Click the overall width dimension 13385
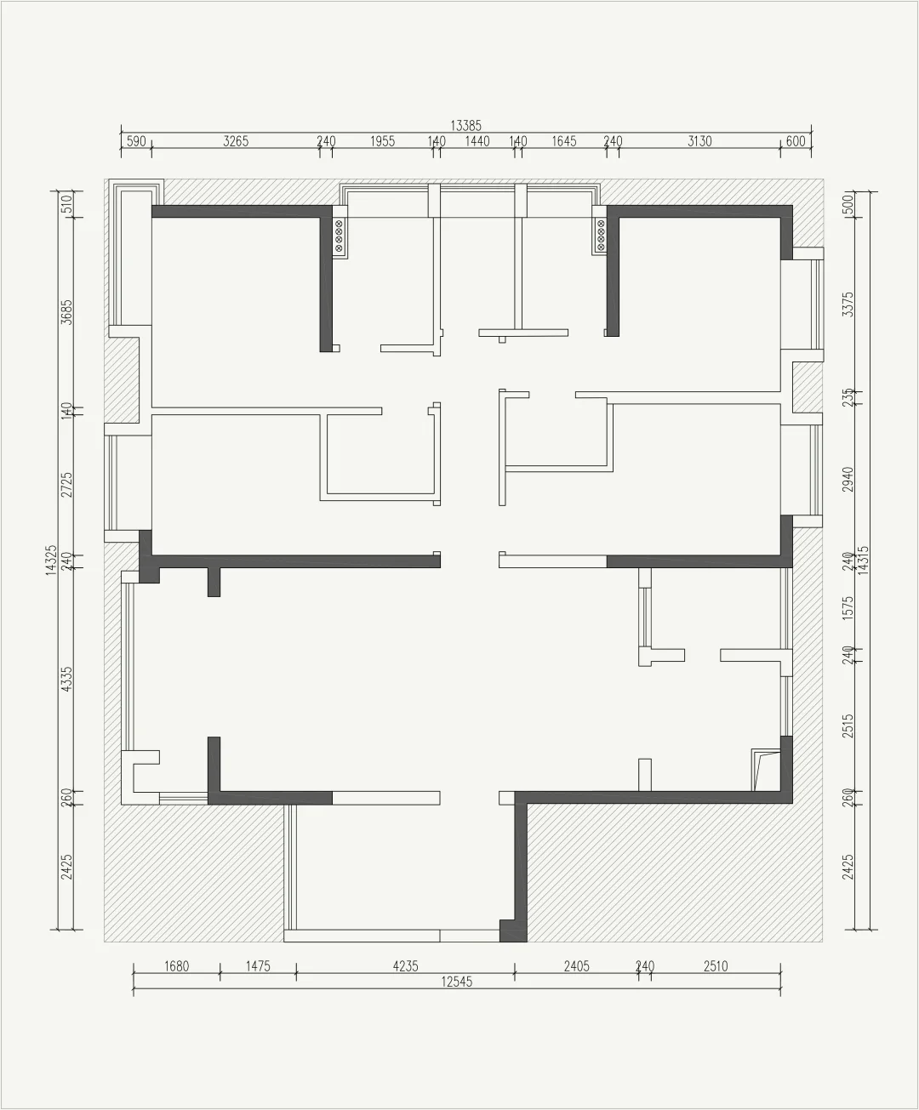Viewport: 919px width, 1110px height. coord(466,126)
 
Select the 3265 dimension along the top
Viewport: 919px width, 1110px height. coord(236,141)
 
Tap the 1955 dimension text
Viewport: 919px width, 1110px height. coord(382,141)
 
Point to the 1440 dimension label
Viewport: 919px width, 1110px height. coord(477,141)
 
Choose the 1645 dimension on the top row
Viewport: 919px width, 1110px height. coord(563,141)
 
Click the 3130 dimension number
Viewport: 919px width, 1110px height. coord(699,141)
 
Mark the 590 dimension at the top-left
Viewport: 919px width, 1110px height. coord(136,141)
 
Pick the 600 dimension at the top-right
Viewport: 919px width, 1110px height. coord(796,141)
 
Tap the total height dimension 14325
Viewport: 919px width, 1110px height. coord(51,561)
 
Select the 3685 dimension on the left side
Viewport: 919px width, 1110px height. coord(66,312)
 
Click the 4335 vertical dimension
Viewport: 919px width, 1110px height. coord(66,680)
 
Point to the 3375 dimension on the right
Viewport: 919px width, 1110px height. coord(848,305)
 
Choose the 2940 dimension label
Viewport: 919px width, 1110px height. coord(848,480)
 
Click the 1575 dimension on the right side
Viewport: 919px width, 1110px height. coord(848,608)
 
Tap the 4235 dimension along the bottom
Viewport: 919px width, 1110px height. coord(405,966)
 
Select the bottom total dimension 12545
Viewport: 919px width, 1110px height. coord(456,982)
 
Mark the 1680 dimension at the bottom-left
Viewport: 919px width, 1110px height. coord(177,966)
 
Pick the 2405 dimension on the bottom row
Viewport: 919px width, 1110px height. coord(577,966)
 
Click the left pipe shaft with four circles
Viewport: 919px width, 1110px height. coord(339,237)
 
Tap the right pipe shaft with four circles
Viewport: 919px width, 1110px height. coord(600,236)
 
